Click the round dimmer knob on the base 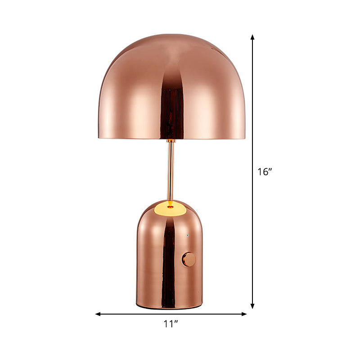tap(189, 260)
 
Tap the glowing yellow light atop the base tap(169, 207)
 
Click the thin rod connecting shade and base tap(171, 171)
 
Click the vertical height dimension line tap(253, 112)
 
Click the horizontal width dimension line tap(135, 314)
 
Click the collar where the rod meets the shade tap(171, 140)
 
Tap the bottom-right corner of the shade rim tap(244, 138)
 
